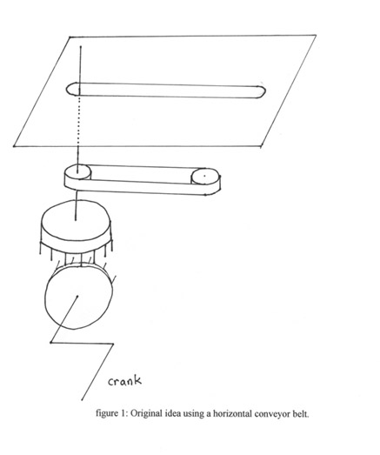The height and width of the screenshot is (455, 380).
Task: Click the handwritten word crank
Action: [x=125, y=381]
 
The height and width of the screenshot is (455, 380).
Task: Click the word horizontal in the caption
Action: [x=232, y=413]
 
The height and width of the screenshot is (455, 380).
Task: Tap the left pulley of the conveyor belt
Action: [x=77, y=172]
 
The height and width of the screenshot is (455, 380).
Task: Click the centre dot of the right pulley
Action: [x=204, y=176]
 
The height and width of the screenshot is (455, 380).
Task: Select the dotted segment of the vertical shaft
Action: [x=79, y=121]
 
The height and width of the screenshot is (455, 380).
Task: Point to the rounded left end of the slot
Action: [x=72, y=89]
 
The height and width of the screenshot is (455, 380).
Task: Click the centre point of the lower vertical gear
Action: [x=77, y=297]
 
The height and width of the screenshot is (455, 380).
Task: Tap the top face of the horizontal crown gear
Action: [x=76, y=220]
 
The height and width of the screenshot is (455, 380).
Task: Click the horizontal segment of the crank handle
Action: [x=82, y=344]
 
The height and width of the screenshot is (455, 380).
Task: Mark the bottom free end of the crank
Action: [x=82, y=399]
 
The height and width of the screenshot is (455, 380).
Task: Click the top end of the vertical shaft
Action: [x=81, y=46]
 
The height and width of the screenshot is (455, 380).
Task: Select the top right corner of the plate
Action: [x=316, y=36]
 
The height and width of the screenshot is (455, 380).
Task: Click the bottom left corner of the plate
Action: [x=14, y=146]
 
